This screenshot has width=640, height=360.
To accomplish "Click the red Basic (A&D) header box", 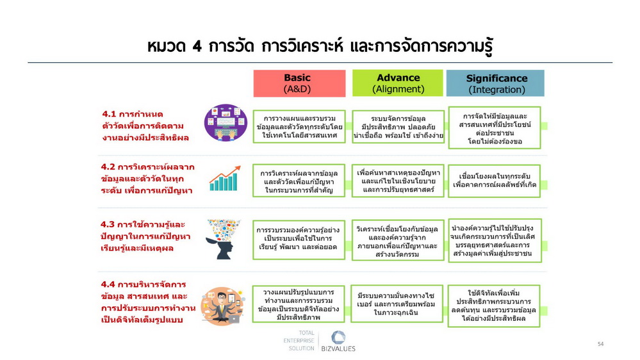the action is pyautogui.click(x=299, y=83).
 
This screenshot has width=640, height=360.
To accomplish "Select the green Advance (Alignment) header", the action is pyautogui.click(x=398, y=83).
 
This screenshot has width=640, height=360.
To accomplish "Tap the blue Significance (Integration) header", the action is pyautogui.click(x=495, y=83).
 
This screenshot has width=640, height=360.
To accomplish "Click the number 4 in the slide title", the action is pyautogui.click(x=197, y=46).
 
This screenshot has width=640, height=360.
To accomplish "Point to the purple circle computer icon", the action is pyautogui.click(x=226, y=122).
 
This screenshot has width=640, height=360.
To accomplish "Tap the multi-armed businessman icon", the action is pyautogui.click(x=222, y=306).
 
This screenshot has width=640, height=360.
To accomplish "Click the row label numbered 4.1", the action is pyautogui.click(x=145, y=126).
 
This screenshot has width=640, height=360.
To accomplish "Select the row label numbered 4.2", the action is pyautogui.click(x=147, y=178).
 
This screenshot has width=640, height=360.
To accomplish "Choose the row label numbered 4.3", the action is pyautogui.click(x=145, y=236).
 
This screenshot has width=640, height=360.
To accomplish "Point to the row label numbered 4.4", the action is pyautogui.click(x=148, y=302).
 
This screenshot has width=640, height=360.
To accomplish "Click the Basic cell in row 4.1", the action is pyautogui.click(x=299, y=127).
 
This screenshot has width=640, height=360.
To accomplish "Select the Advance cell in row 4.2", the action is pyautogui.click(x=398, y=181).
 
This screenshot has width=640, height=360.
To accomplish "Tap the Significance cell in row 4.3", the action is pyautogui.click(x=495, y=240).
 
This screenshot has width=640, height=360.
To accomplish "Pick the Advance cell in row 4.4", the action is pyautogui.click(x=397, y=304).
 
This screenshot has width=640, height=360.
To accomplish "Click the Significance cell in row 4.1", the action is pyautogui.click(x=495, y=127).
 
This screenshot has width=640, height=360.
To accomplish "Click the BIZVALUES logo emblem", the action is pyautogui.click(x=338, y=338).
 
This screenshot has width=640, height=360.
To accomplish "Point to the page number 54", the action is pyautogui.click(x=600, y=344).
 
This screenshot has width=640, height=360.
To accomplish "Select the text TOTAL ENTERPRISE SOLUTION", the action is pyautogui.click(x=299, y=341).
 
